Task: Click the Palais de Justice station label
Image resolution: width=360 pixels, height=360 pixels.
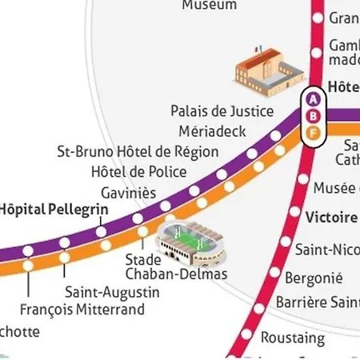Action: point(222,110)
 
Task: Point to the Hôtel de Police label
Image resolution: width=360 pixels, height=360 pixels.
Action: point(138,171)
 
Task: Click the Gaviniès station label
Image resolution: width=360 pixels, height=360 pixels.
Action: point(128,193)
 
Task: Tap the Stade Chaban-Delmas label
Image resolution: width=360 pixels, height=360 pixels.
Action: point(177,267)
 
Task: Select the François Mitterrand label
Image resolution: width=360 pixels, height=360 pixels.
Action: point(82,310)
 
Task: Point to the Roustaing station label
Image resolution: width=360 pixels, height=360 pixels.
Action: point(293,338)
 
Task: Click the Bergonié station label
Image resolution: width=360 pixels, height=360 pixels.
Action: point(314,278)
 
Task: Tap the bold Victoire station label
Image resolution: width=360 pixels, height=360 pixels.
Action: point(332,217)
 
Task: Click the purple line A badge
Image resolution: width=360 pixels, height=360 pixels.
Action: point(314,99)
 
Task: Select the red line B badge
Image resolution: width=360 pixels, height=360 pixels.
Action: point(314,115)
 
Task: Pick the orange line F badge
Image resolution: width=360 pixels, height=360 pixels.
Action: point(314,131)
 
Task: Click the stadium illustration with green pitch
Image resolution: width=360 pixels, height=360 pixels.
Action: point(189,239)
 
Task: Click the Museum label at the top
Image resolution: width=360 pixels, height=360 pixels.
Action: point(209,5)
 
